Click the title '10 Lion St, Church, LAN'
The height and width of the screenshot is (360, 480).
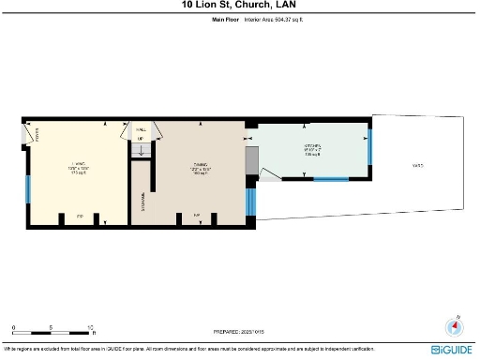click(x=239, y=5)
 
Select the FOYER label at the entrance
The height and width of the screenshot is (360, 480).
click(x=37, y=133)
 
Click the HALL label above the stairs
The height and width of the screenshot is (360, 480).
click(x=142, y=130)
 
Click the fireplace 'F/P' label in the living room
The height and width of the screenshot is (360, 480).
click(x=80, y=216)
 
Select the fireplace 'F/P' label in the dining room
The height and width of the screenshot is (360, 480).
click(x=196, y=216)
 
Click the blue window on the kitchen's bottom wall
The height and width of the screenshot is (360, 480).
click(x=330, y=178)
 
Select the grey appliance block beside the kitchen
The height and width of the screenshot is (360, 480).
click(x=250, y=162)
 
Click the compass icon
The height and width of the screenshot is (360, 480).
click(x=457, y=327)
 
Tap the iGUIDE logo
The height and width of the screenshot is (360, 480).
click(x=452, y=350)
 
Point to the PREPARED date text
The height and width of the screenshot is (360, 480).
click(x=239, y=331)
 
